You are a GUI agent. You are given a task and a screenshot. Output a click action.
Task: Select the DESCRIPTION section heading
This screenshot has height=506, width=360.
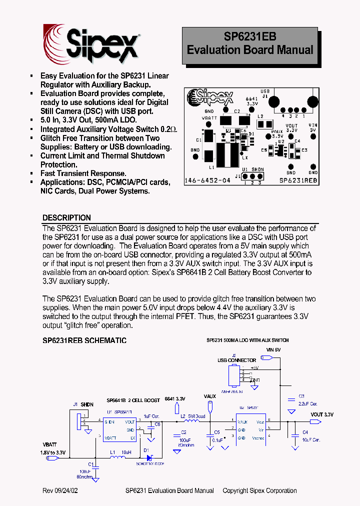[66, 218]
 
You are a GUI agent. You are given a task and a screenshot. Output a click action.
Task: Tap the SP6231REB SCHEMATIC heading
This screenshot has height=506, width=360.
[84, 340]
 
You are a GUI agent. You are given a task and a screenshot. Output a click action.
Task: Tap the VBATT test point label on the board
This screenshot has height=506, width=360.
[209, 119]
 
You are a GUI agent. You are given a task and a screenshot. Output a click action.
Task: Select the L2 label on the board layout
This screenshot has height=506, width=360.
[260, 116]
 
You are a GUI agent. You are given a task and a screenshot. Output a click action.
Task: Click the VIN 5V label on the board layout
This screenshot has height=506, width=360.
[313, 127]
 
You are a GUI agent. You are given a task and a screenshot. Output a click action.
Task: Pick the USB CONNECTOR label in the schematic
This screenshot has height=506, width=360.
[236, 360]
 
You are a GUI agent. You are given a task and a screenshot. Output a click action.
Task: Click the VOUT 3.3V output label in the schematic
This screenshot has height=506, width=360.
[321, 414]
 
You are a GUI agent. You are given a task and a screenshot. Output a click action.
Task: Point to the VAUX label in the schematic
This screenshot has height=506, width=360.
[210, 396]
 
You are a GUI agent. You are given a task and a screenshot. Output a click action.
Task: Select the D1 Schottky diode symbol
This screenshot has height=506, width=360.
[147, 456]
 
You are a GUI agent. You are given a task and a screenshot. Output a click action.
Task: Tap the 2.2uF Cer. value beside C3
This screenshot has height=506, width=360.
[308, 403]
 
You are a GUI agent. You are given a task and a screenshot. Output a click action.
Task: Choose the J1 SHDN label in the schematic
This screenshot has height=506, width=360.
[83, 404]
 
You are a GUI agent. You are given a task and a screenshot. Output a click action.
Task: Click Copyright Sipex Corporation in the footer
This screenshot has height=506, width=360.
[259, 490]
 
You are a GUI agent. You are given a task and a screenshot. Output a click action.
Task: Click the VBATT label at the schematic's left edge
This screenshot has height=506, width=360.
[49, 444]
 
